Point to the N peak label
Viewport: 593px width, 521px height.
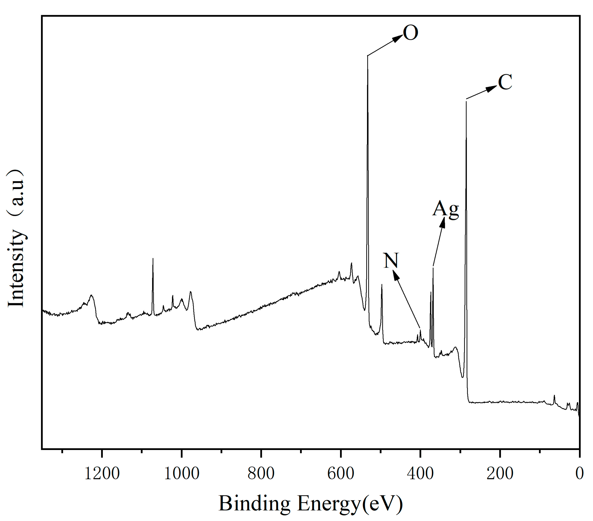(x=391, y=260)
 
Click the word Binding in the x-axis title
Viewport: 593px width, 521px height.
(x=254, y=504)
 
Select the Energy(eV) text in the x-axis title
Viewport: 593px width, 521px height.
(x=350, y=504)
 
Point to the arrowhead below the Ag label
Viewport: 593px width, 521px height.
(x=442, y=223)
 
